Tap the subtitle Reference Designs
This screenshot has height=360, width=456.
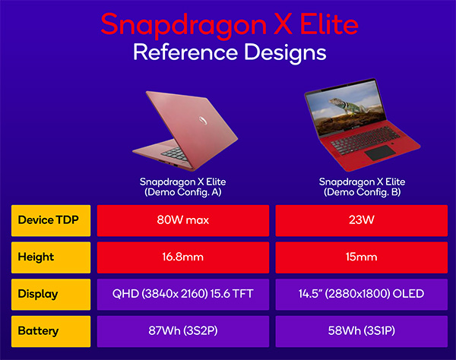pos(230,53)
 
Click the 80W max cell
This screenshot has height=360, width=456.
pos(183,220)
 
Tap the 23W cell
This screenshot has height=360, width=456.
pos(362,220)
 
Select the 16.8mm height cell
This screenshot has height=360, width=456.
pos(183,257)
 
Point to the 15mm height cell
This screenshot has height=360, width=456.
pos(362,257)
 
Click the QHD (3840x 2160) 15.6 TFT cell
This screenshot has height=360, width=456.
pos(183,295)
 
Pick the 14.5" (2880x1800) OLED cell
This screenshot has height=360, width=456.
pos(362,295)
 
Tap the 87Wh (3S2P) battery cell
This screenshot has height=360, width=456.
pos(183,331)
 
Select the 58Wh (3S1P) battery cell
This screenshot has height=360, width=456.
pos(362,331)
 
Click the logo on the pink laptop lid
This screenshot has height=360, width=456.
pos(203,120)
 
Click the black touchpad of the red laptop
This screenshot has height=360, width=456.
pos(380,153)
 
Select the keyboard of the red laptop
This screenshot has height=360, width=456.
pos(366,140)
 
